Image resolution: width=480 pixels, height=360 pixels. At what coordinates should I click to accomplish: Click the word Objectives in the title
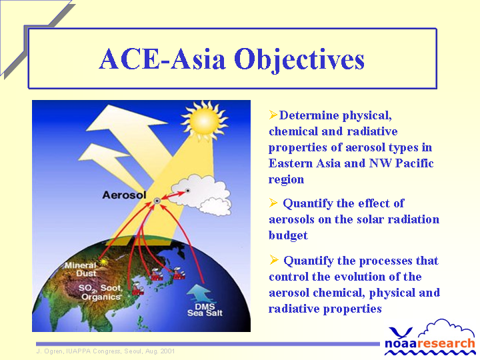click(299, 60)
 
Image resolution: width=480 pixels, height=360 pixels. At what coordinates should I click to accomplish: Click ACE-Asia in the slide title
click(162, 59)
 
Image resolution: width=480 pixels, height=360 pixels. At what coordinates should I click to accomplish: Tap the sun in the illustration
click(204, 120)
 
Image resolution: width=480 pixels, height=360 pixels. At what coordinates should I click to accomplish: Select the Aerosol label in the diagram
click(124, 195)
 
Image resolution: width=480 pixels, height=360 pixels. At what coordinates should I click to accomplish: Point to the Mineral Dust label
click(81, 269)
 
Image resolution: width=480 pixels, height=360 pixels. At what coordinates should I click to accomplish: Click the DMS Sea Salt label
click(205, 310)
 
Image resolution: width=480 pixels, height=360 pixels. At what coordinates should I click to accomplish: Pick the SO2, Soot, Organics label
click(101, 292)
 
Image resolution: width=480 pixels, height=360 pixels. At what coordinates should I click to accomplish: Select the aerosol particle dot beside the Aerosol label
click(157, 201)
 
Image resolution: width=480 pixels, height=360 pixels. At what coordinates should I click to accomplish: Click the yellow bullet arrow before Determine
click(273, 115)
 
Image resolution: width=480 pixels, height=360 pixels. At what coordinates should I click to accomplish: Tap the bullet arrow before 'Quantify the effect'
click(273, 203)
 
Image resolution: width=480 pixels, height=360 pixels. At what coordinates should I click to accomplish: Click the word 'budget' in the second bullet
click(288, 235)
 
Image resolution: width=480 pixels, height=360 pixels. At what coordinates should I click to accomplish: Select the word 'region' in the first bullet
click(286, 179)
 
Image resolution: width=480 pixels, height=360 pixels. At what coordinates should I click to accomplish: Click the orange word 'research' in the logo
click(447, 343)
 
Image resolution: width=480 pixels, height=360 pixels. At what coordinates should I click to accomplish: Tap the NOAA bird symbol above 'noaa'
click(401, 332)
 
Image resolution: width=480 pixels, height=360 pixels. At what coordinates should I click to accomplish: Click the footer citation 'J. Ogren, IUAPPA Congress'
click(79, 351)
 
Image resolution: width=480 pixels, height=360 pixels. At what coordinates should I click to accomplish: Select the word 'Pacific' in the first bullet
click(414, 163)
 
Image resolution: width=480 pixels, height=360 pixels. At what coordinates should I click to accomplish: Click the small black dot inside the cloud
click(187, 191)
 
